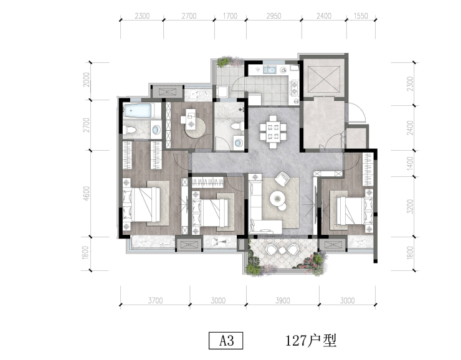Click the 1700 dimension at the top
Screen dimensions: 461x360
(x=230, y=16)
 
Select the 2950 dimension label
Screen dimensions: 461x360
(x=273, y=16)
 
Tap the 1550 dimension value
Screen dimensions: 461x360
(x=361, y=16)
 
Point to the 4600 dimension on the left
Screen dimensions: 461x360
(x=87, y=193)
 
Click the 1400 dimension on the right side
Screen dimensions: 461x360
(x=410, y=164)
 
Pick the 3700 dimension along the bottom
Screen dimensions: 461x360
(x=155, y=300)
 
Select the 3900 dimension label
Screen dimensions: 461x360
(x=283, y=300)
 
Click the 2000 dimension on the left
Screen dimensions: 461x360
(x=87, y=79)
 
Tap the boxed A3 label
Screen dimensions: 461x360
(x=226, y=341)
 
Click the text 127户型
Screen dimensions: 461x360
(x=311, y=341)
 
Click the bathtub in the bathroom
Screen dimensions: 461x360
(x=138, y=111)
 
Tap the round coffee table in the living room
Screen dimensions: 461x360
(x=277, y=199)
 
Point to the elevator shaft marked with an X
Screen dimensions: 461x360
(x=323, y=78)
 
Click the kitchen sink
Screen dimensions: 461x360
(x=270, y=70)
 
